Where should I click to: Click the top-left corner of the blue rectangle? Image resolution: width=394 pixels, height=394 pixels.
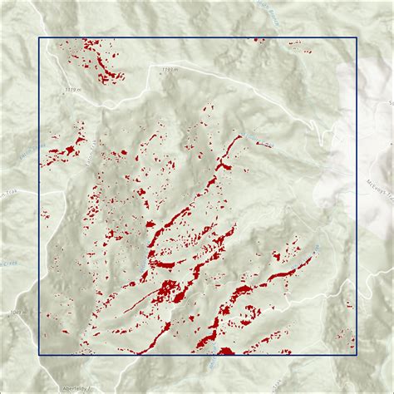pyautogui.click(x=40, y=38)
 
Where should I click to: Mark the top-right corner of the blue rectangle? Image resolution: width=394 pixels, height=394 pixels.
pyautogui.click(x=356, y=38)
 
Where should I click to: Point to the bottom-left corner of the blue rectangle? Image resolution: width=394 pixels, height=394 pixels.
pyautogui.click(x=40, y=354)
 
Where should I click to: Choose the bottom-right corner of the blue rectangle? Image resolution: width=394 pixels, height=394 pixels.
pyautogui.click(x=356, y=354)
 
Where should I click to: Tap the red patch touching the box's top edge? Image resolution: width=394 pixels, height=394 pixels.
pyautogui.click(x=259, y=40)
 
